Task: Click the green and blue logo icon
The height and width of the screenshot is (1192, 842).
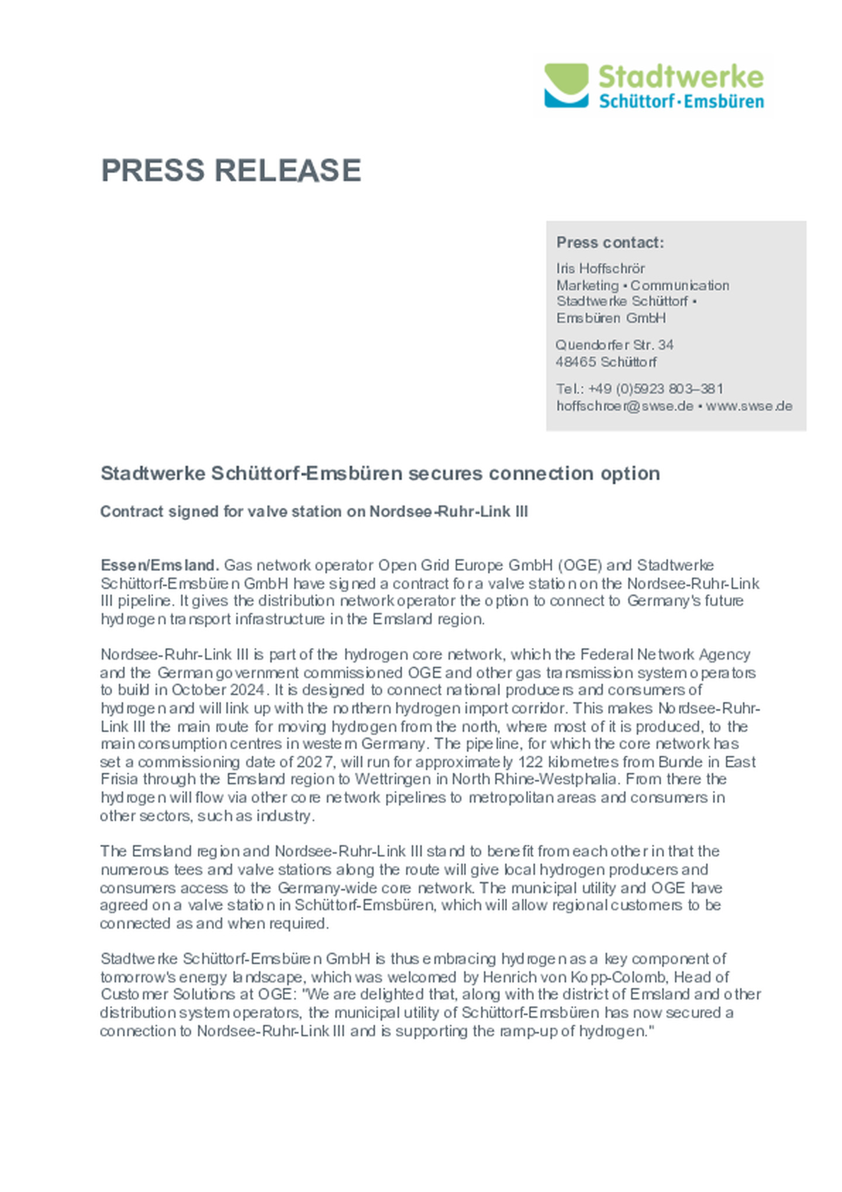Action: point(565,85)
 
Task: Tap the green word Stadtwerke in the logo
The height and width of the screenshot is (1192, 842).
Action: point(681,77)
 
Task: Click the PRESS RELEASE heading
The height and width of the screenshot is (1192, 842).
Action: point(231,171)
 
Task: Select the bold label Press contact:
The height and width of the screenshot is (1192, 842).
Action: point(610,242)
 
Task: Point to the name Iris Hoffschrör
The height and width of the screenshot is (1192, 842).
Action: point(600,268)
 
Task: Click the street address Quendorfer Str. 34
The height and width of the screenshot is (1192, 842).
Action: point(614,345)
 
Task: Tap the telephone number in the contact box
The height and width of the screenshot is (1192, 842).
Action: point(655,389)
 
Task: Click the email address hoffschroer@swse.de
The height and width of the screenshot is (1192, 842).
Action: point(624,406)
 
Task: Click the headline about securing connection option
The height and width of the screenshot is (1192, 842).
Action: point(380,473)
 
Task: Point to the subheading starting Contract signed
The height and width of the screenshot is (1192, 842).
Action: point(314,512)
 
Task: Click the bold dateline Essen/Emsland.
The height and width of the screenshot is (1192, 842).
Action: point(160,565)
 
